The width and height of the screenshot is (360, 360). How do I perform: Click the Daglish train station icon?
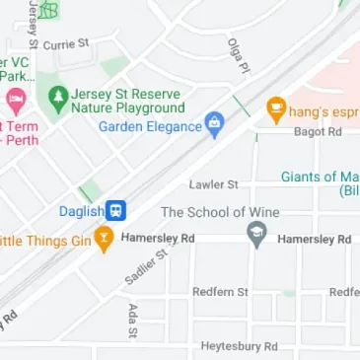(x=116, y=210)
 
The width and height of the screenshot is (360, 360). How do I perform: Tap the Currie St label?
(x=66, y=44)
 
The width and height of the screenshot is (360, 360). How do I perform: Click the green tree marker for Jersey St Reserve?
(x=58, y=98)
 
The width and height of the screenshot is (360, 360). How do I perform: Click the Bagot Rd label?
(x=317, y=131)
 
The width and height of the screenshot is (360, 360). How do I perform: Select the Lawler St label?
(x=214, y=184)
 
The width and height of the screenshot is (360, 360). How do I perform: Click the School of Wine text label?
(x=220, y=212)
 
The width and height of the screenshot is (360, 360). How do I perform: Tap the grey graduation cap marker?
(x=256, y=237)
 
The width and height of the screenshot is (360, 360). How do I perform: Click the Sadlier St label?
(x=146, y=267)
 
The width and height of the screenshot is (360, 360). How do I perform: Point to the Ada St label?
(x=131, y=320)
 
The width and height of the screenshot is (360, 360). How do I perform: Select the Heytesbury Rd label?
(x=239, y=346)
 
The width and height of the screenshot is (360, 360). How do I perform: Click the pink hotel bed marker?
(x=15, y=101)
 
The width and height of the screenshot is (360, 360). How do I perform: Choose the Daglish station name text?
(x=81, y=211)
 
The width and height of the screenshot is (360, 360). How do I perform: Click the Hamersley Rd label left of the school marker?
(x=158, y=239)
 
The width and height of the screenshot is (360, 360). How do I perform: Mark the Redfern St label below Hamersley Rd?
(x=220, y=293)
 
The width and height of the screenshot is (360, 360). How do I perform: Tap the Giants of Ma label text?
(x=320, y=178)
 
